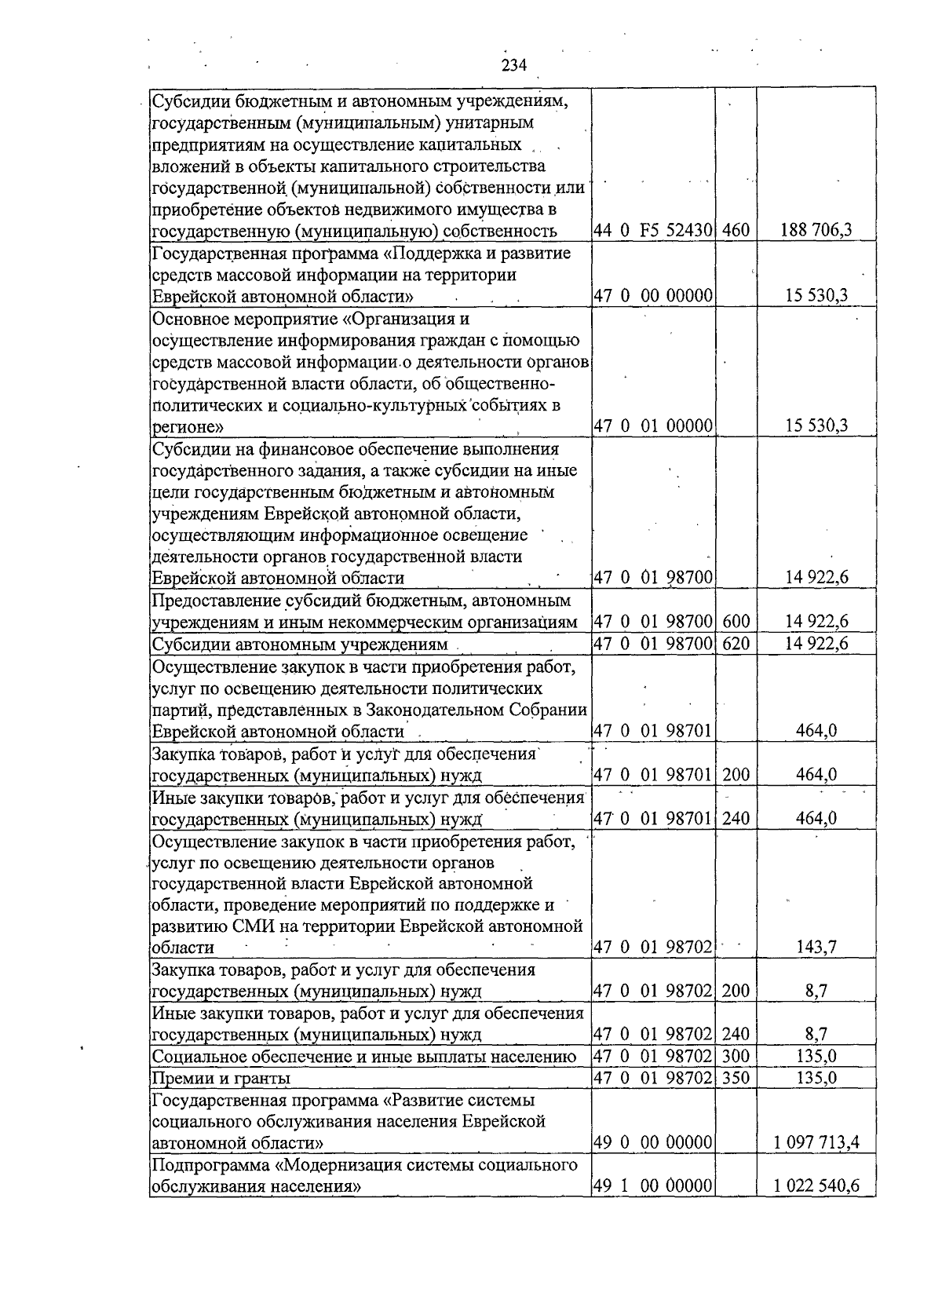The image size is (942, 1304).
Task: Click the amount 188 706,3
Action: click(816, 231)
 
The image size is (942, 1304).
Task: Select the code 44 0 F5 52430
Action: click(653, 231)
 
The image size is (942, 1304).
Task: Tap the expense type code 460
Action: click(736, 231)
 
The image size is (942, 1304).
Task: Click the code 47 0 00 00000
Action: click(653, 296)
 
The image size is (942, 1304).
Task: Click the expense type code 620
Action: click(736, 645)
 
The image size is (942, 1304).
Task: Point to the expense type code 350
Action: click(736, 1078)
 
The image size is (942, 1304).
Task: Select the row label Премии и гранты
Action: click(221, 1078)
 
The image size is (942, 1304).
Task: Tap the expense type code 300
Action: click(736, 1056)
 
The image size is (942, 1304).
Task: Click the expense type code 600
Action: click(736, 622)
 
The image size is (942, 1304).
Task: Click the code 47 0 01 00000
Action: click(653, 426)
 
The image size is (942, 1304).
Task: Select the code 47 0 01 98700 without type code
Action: click(653, 579)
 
